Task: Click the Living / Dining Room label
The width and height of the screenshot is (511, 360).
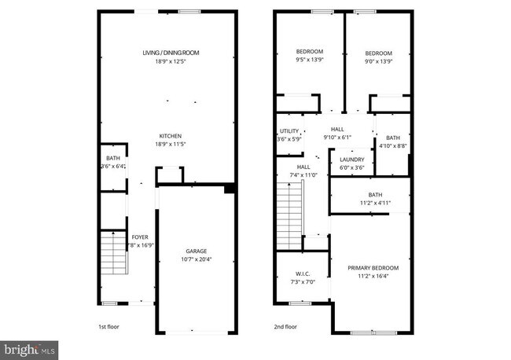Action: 171,53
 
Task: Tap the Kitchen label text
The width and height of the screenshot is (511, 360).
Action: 171,134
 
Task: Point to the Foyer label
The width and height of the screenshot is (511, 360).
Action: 140,237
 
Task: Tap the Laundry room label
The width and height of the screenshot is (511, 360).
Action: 352,159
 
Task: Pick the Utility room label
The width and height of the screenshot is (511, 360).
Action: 289,130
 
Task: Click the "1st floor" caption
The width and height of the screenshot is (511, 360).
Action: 108,326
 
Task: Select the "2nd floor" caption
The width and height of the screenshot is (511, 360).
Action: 285,326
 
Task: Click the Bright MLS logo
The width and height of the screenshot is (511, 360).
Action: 30,347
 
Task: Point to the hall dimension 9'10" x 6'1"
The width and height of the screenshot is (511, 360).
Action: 338,138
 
